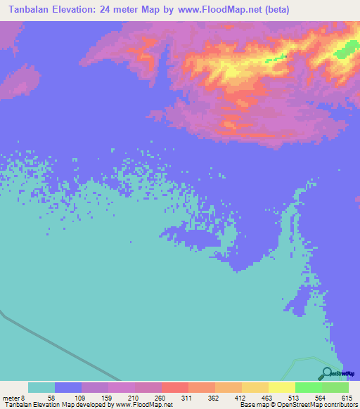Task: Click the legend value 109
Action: click(x=82, y=398)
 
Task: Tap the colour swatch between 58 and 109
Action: click(x=68, y=387)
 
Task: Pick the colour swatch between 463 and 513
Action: click(x=282, y=387)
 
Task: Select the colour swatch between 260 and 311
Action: click(x=175, y=387)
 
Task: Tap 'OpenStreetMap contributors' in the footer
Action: click(x=317, y=405)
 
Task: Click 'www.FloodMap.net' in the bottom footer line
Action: click(x=141, y=405)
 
